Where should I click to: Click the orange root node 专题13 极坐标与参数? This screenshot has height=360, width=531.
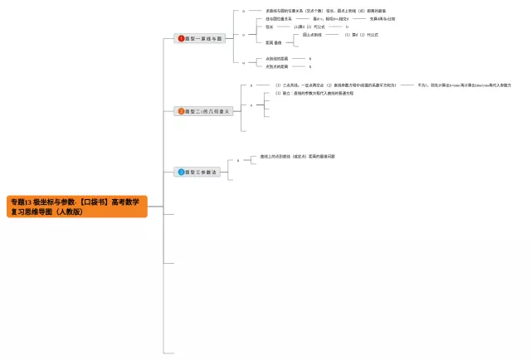(x=77, y=207)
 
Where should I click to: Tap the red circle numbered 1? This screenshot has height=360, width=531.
(x=182, y=38)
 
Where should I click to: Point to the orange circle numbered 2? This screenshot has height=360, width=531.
(x=182, y=111)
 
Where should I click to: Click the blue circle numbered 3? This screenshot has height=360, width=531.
(x=181, y=172)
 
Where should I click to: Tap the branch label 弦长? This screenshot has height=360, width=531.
(x=270, y=27)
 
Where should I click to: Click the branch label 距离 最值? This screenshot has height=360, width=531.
(x=274, y=42)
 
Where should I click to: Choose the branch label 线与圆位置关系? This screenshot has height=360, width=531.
(x=279, y=18)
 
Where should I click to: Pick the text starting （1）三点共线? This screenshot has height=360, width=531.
(x=335, y=85)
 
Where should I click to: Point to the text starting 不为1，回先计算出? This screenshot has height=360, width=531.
(x=464, y=85)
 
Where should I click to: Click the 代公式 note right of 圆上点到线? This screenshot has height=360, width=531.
(x=361, y=35)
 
